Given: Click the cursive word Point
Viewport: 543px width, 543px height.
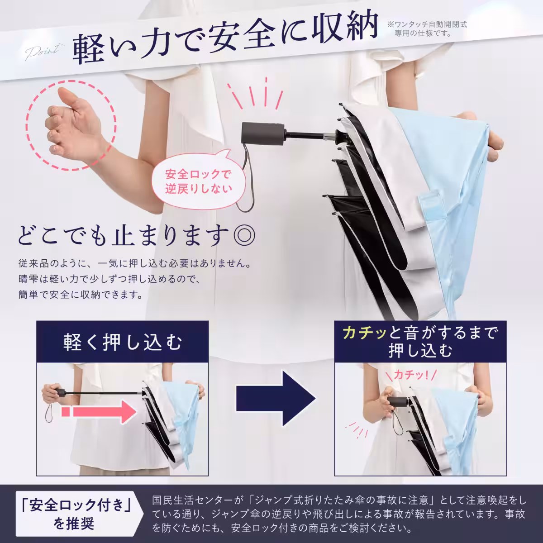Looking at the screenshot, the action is (44, 52).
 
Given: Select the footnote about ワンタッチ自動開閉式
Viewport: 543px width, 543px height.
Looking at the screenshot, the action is (427, 29).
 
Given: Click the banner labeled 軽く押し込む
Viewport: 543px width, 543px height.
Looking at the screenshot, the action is (123, 342).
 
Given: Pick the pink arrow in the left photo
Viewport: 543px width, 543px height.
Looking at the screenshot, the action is (99, 412).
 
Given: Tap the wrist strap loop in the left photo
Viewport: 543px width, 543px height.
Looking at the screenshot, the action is (49, 413).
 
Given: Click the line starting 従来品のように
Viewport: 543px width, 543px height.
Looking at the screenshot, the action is (135, 264).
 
